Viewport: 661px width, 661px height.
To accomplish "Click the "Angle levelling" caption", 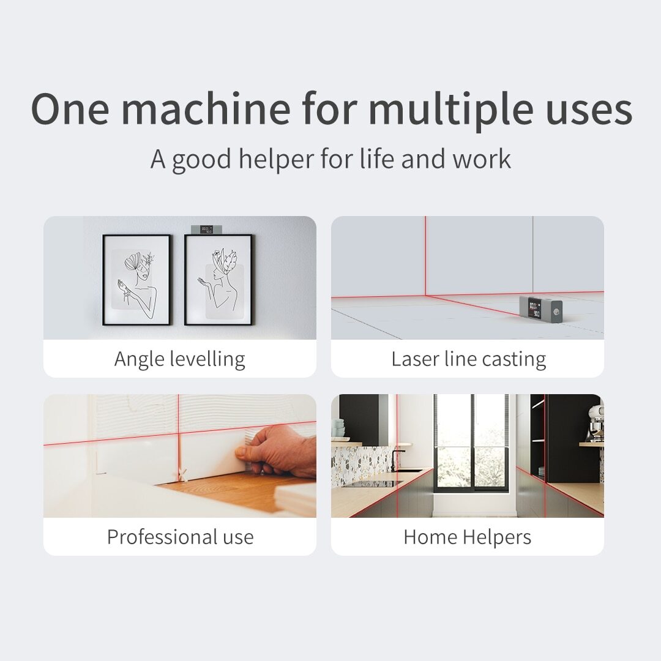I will click(179, 359).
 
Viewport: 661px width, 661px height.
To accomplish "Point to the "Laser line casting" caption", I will click(468, 359).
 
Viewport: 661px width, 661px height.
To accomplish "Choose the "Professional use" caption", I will click(180, 537).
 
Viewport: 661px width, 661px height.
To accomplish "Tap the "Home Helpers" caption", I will click(468, 537).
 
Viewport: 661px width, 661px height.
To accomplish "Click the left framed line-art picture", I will click(137, 280).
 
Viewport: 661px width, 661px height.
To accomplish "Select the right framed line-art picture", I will click(218, 280).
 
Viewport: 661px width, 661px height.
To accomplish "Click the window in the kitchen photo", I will click(472, 444).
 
